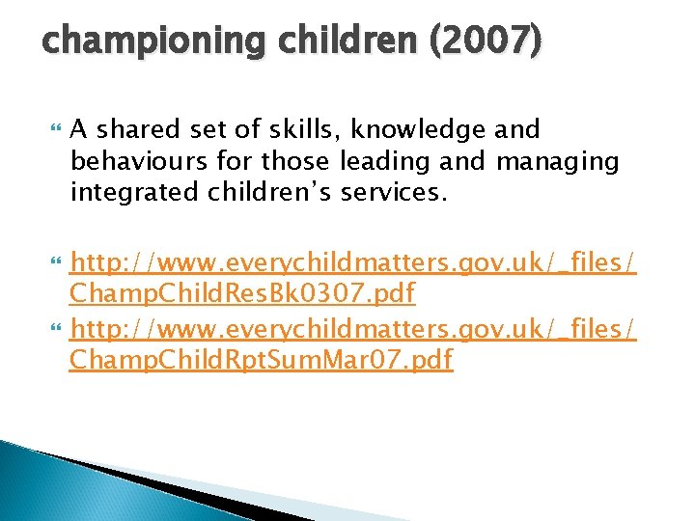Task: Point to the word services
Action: (395, 194)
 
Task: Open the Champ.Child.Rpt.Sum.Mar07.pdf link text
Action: (262, 361)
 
